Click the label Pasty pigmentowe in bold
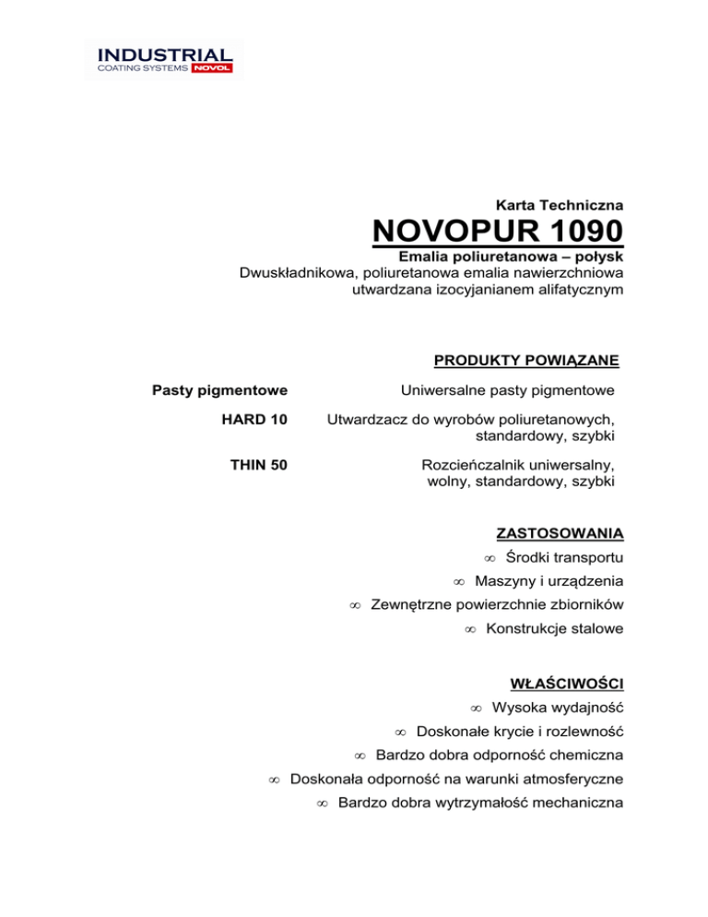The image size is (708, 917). tap(219, 391)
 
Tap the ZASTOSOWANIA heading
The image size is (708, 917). tap(560, 533)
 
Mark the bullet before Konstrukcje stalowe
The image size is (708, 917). tap(469, 629)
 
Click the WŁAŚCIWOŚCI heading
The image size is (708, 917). tap(567, 684)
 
